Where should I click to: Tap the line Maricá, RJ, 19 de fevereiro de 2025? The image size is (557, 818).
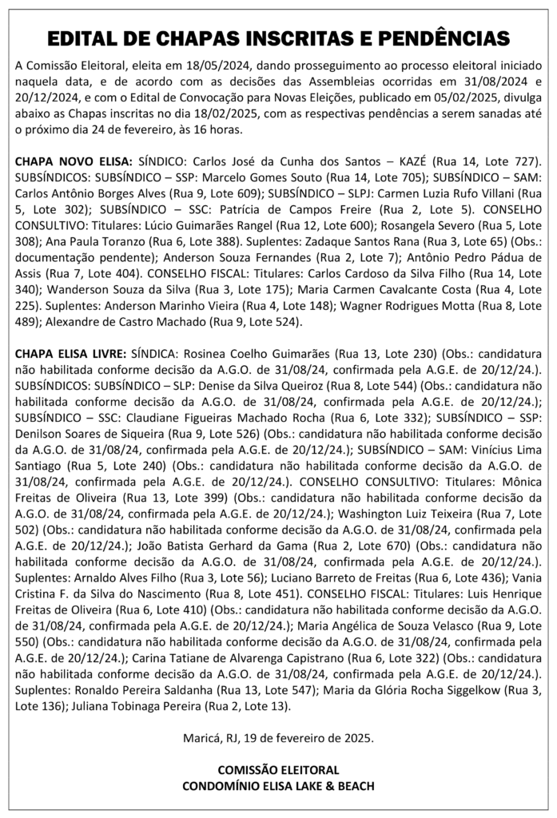tap(277, 741)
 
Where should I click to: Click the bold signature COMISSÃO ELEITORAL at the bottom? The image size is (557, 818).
tap(277, 770)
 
